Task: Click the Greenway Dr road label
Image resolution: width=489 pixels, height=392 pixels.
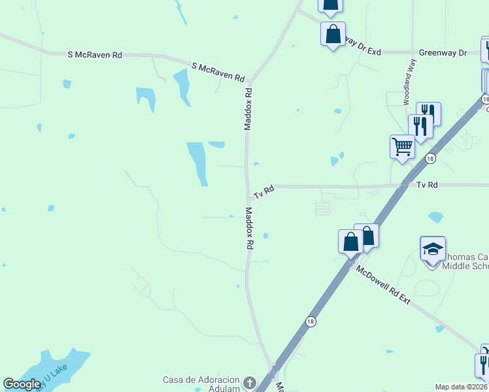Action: tap(443, 52)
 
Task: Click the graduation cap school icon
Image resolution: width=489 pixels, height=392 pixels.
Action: tap(433, 250)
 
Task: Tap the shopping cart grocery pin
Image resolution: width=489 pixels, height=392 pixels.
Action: tap(402, 146)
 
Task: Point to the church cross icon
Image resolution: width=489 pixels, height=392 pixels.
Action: tap(248, 383)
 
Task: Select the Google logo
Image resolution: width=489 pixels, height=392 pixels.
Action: tap(22, 384)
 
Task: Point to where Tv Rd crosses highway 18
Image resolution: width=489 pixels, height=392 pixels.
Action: tap(403, 186)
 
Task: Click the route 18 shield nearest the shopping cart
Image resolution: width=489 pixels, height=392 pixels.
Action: tap(430, 159)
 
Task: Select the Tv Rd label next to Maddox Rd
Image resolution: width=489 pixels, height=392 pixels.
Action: tap(263, 191)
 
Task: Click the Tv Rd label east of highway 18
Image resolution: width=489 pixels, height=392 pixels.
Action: tap(426, 186)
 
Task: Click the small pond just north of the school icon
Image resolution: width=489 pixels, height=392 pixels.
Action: tap(435, 217)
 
